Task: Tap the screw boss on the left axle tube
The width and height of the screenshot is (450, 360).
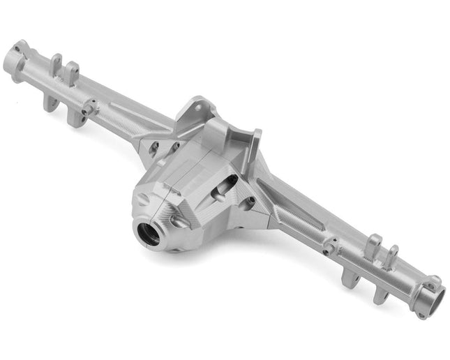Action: (89, 107)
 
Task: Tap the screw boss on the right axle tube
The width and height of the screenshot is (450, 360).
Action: (329, 245)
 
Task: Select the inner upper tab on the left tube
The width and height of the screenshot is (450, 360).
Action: (73, 71)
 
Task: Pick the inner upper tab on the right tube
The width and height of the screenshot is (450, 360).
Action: (373, 246)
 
